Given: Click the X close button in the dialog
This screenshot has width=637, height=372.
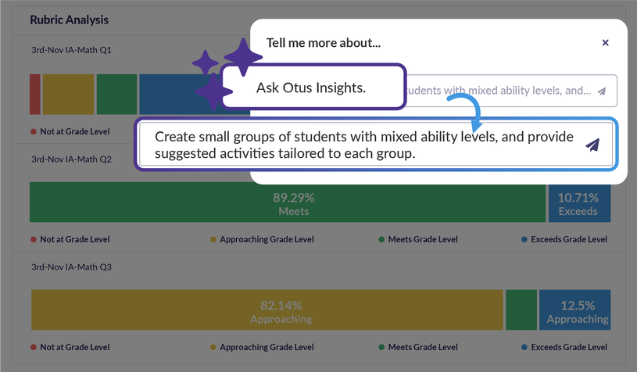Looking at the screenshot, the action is [605, 43].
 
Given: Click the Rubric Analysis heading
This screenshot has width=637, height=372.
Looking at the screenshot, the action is [69, 20].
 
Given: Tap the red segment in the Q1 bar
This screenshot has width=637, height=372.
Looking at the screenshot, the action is [35, 95].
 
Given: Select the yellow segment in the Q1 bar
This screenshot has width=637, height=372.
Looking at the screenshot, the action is [68, 95].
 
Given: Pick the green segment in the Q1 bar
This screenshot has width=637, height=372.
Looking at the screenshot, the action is [116, 95].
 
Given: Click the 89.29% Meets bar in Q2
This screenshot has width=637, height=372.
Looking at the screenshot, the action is [288, 202].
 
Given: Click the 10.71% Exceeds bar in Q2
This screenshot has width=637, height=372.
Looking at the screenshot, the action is [579, 202].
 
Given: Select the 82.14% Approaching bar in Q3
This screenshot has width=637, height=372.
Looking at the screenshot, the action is [267, 309].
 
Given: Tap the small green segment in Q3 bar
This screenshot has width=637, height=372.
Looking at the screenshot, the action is [521, 309].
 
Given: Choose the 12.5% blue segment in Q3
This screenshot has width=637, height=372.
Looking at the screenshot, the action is [574, 309].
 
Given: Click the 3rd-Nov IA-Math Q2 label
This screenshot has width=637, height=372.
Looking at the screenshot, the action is [71, 159].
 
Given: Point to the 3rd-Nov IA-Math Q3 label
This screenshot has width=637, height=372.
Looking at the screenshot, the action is [71, 267].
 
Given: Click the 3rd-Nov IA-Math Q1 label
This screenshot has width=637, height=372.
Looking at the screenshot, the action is [71, 50].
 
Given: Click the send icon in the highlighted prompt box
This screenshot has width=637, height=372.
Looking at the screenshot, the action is [592, 145].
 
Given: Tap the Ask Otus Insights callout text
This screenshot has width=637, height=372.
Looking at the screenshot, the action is [311, 88].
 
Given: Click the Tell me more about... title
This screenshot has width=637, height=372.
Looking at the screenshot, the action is [324, 43].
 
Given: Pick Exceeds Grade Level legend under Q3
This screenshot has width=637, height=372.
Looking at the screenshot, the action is [564, 347].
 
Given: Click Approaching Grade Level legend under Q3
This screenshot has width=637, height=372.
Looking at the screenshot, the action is [262, 347].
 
